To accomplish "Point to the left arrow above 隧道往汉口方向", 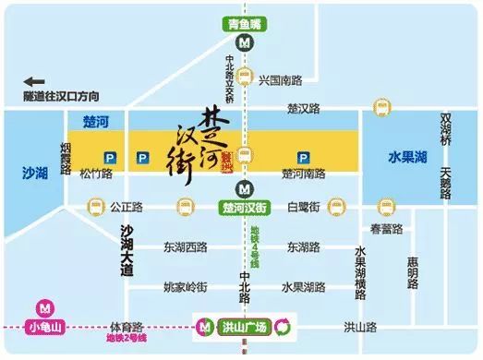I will (x=34, y=81).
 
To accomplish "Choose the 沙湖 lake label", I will (x=35, y=171).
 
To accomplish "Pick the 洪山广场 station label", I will (x=246, y=326).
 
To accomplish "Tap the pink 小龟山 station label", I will (x=42, y=326).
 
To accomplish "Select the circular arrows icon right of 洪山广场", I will (x=285, y=326).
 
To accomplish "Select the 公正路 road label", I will (x=126, y=206).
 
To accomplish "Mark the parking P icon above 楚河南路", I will (x=301, y=158).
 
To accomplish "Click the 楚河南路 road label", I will (x=303, y=174).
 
